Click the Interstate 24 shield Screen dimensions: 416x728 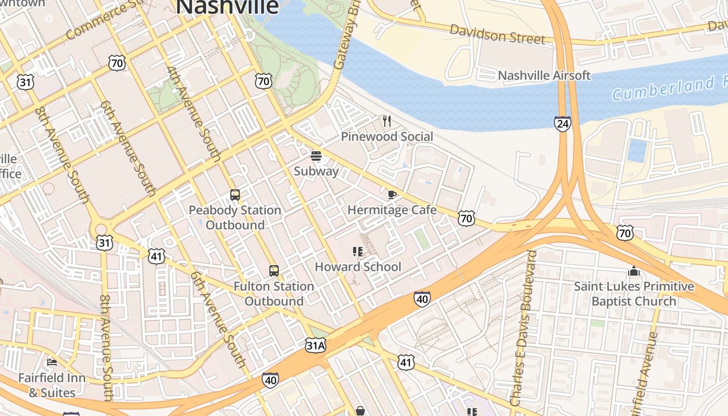(x=562, y=124)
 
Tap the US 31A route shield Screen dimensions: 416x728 (x=316, y=345)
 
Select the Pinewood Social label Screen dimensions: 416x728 (x=387, y=137)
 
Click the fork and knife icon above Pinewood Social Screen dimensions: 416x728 (x=386, y=121)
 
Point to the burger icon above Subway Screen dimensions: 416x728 (x=316, y=155)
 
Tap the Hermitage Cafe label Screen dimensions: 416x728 (x=392, y=210)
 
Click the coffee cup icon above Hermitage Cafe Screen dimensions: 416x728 (x=392, y=195)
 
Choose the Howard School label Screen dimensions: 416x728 (x=358, y=267)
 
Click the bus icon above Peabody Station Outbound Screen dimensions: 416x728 (x=235, y=195)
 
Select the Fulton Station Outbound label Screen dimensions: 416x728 (x=274, y=294)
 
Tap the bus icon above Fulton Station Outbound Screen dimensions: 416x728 (x=274, y=271)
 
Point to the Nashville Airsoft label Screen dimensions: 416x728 (x=544, y=75)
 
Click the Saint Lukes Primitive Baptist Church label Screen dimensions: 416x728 (x=634, y=294)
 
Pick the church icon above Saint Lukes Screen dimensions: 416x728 (x=633, y=271)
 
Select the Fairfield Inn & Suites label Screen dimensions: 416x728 (x=51, y=385)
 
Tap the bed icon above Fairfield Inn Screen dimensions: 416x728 (x=52, y=362)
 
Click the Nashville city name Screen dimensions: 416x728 (x=228, y=6)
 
